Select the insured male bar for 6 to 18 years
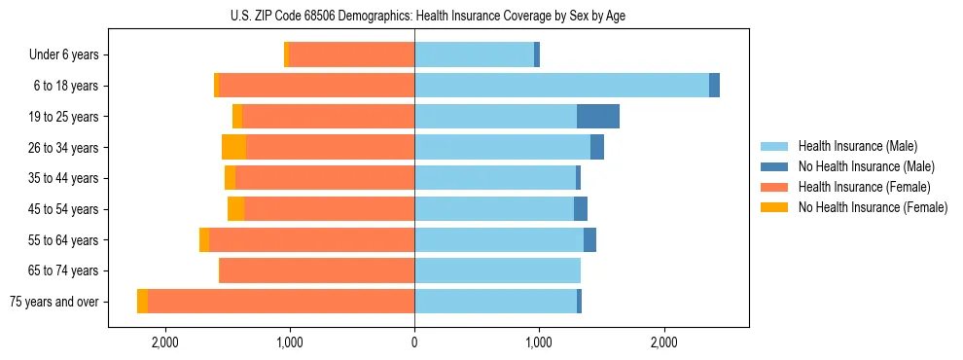coord(561,86)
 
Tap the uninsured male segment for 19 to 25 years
coord(597,117)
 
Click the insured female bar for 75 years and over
coord(281,302)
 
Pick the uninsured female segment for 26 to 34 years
coord(233,147)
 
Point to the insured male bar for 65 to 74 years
coord(497,270)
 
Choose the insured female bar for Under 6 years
coord(351,54)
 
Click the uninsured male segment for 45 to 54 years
coord(581,209)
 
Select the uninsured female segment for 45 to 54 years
coord(235,209)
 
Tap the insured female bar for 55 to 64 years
coord(311,239)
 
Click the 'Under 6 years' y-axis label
coord(63,55)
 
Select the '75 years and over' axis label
coord(53,302)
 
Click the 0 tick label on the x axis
coord(414,342)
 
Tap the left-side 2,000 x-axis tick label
coord(164,342)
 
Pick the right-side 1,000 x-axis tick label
coord(539,342)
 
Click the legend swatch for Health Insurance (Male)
coord(774,146)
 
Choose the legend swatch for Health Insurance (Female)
coord(774,187)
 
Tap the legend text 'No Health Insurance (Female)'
coord(873,207)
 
